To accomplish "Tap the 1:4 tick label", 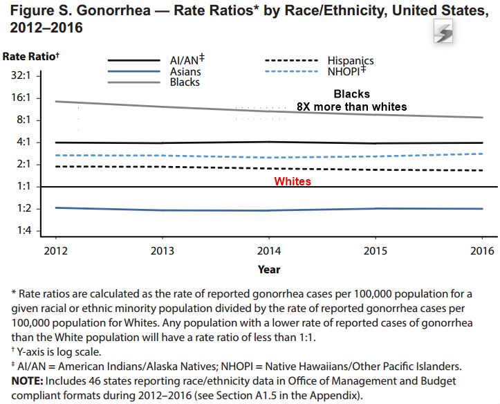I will [x=26, y=231].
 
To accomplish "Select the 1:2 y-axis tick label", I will [x=26, y=209].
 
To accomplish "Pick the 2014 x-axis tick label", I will [x=269, y=250].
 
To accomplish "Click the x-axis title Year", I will [x=269, y=269].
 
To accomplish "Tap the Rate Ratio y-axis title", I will [x=30, y=55].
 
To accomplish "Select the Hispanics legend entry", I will [x=350, y=61].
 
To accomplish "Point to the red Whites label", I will [x=293, y=181].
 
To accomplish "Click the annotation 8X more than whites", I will [x=351, y=107].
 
